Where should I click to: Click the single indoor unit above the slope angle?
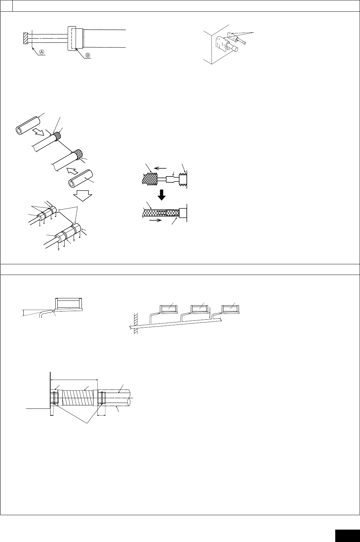[x=69, y=303]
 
